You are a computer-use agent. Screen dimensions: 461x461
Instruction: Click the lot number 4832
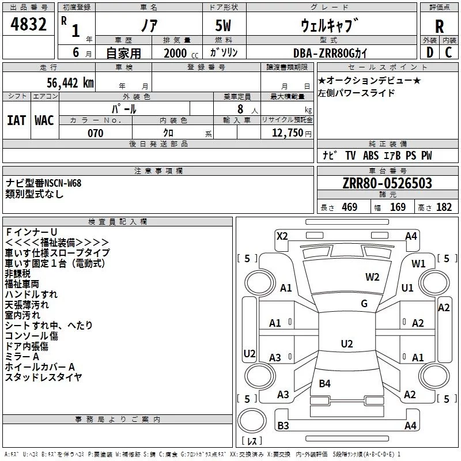(28, 24)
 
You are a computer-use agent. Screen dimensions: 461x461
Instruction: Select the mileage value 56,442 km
(70, 83)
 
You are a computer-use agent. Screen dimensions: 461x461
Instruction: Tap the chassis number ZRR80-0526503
(387, 183)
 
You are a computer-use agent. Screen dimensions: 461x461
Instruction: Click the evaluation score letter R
(439, 27)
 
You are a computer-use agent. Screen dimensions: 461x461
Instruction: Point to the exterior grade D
(430, 52)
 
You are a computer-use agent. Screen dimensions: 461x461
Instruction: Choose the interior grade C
(448, 52)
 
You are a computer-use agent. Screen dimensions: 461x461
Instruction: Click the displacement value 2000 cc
(181, 53)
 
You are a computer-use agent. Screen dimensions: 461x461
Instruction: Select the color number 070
(96, 133)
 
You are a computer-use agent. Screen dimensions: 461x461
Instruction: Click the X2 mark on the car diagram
(282, 236)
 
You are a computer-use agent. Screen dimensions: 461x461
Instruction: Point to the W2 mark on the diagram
(372, 277)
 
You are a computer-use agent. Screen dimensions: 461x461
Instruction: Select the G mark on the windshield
(364, 304)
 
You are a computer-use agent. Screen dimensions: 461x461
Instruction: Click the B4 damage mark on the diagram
(324, 383)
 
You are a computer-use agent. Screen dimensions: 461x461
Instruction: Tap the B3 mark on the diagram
(283, 425)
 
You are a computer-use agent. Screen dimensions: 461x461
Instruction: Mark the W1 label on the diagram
(418, 264)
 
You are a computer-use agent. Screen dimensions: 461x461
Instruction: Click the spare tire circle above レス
(252, 420)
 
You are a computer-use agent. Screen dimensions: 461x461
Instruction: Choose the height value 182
(444, 207)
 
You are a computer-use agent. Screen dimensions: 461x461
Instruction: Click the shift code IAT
(16, 120)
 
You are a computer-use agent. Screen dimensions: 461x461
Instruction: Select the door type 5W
(223, 25)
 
